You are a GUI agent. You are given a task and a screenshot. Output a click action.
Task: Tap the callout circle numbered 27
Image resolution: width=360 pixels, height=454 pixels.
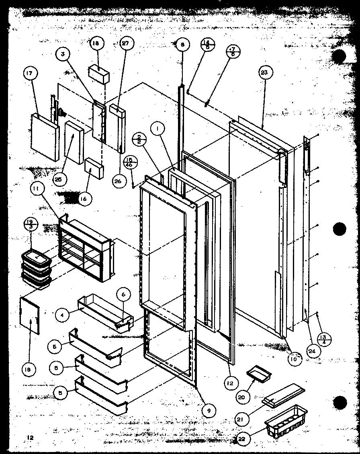125,45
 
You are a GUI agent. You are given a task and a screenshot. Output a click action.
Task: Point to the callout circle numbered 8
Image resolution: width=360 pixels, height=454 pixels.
182,45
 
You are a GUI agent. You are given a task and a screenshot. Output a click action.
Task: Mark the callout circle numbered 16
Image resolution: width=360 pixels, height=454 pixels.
86,198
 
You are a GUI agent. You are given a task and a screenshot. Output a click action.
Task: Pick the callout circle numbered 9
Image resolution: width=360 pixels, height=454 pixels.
209,410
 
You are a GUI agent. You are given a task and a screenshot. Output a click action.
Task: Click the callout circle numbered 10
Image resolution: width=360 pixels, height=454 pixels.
294,359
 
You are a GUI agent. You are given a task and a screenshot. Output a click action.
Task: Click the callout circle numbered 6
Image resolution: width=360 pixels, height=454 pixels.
123,294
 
